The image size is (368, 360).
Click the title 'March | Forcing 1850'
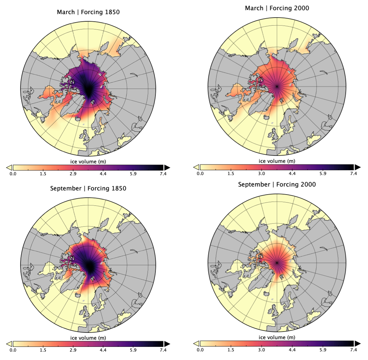[x=88, y=12]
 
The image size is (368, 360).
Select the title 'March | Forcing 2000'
[x=277, y=8]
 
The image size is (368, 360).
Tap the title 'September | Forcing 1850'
[x=88, y=188]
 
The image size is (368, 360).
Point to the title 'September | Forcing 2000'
[x=277, y=184]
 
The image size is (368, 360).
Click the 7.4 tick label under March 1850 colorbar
[x=163, y=174]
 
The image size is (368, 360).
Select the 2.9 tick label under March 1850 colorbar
[x=73, y=174]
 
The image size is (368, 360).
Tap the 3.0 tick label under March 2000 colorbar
[x=261, y=173]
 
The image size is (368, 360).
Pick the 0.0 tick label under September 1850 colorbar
[x=13, y=350]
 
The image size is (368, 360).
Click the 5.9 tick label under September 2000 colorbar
[x=323, y=350]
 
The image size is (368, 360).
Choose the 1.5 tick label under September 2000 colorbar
[x=231, y=350]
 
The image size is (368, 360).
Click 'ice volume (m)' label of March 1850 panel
[x=88, y=162]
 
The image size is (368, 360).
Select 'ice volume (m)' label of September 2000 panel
[x=277, y=337]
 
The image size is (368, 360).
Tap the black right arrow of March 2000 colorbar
[x=357, y=167]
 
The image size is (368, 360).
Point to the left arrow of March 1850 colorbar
[x=9, y=167]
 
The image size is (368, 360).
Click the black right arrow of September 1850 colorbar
[x=167, y=344]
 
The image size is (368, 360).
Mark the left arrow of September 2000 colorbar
[x=196, y=343]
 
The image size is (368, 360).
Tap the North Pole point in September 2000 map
[x=277, y=263]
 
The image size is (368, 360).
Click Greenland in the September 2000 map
[x=259, y=282]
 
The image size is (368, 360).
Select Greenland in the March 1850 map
[x=70, y=106]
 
